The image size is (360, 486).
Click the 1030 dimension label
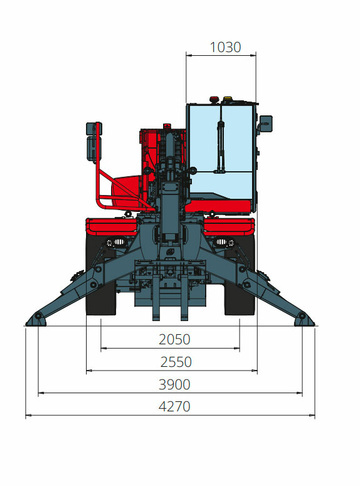coord(225,47)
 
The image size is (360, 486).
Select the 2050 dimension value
coord(174,340)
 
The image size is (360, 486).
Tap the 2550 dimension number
coord(176,362)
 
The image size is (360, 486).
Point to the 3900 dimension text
coord(174,385)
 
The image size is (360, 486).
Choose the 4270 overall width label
coord(174,407)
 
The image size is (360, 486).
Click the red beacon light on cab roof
coord(214,99)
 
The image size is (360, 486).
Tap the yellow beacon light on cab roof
coord(227,99)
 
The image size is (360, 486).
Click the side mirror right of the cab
coord(266,124)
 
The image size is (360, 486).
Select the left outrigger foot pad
coord(35,319)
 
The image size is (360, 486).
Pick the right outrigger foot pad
coord(304,319)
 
